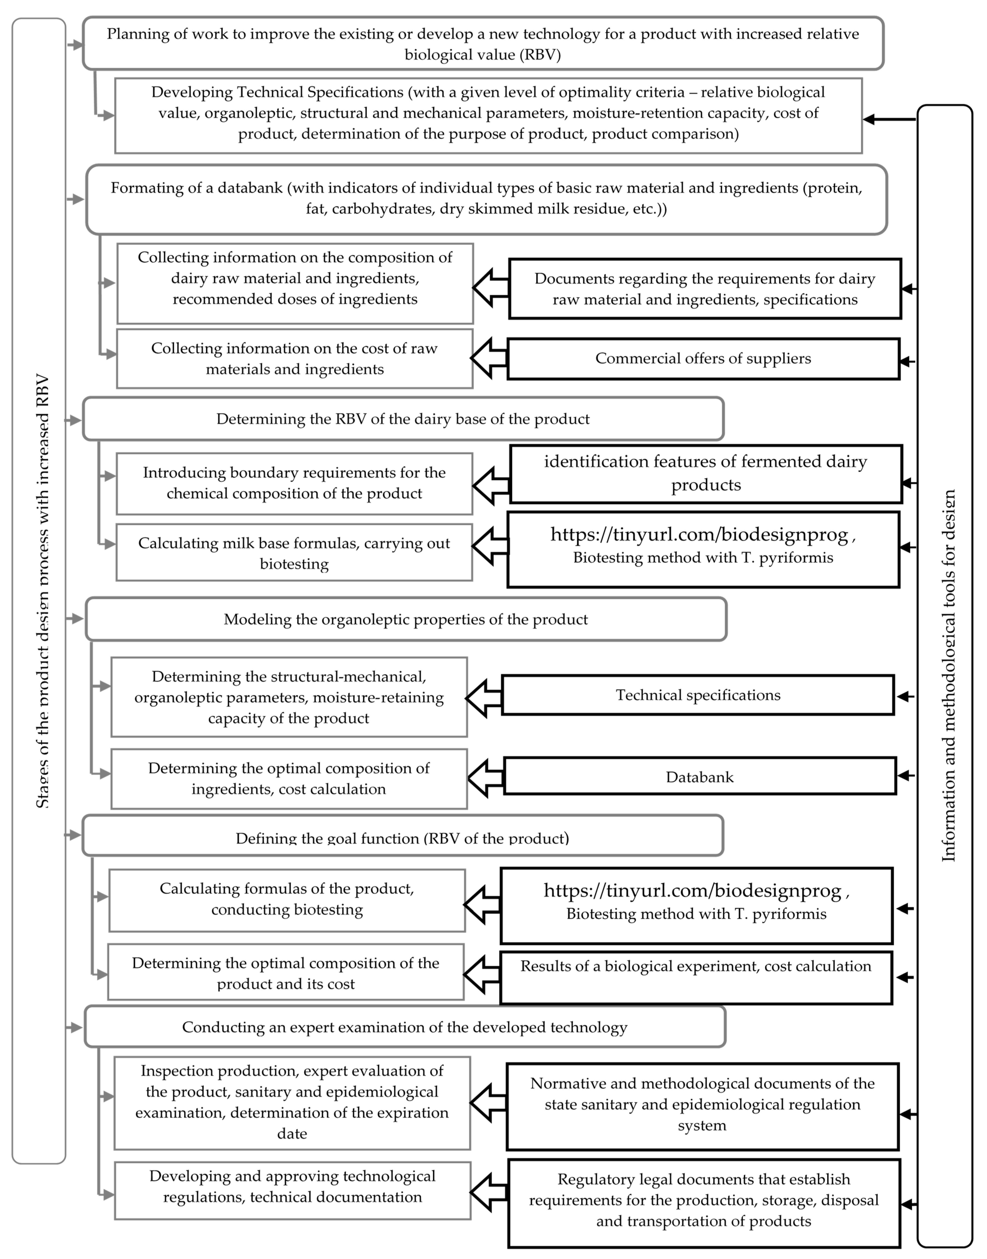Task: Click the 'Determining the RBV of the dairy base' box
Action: tap(403, 419)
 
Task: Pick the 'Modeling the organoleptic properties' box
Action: tap(406, 619)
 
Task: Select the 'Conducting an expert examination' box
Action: tap(405, 1027)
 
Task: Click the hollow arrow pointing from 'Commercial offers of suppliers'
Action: tap(489, 358)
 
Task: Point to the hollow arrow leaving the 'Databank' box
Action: tap(485, 777)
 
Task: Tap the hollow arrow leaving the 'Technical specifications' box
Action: tap(484, 698)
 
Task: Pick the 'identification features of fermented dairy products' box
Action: tap(706, 474)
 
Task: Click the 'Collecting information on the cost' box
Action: tap(295, 359)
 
